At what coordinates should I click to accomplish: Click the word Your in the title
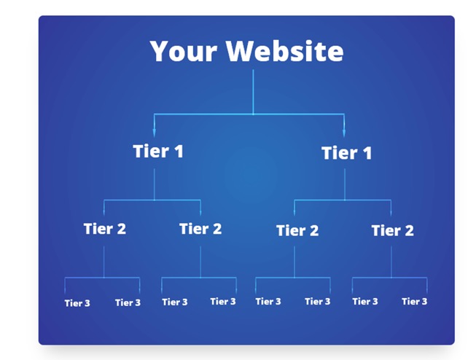click(x=184, y=52)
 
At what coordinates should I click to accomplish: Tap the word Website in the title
click(x=285, y=51)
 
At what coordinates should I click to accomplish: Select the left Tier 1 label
click(x=158, y=151)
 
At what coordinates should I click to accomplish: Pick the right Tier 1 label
click(x=347, y=153)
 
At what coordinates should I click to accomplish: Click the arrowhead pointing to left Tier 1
click(x=155, y=133)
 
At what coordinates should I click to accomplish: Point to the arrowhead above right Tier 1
click(x=344, y=133)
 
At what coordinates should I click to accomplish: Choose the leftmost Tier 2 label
click(x=105, y=229)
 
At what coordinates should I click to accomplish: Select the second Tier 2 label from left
click(x=200, y=229)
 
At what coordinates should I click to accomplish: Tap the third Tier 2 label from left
click(x=297, y=230)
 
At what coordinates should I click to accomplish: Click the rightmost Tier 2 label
click(x=392, y=230)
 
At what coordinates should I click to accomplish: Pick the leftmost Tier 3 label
click(x=77, y=303)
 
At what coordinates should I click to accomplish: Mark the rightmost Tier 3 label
click(x=414, y=302)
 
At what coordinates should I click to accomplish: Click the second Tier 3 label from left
click(x=128, y=302)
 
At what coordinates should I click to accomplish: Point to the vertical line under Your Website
click(x=253, y=92)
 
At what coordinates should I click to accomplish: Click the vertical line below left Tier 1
click(x=155, y=184)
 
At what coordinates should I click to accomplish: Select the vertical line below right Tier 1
click(x=345, y=184)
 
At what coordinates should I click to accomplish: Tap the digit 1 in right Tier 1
click(x=367, y=153)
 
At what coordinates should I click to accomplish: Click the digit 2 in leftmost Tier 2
click(x=121, y=229)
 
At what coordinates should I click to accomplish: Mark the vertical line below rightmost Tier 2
click(x=391, y=262)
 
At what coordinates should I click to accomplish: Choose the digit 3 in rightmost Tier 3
click(x=424, y=302)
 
